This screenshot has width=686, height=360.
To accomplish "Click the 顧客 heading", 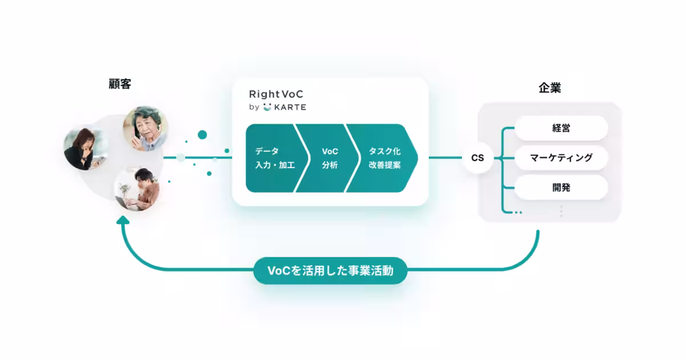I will [120, 85].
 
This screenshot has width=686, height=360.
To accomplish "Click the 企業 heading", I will [549, 88].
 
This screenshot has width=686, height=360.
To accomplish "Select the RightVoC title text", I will [276, 94].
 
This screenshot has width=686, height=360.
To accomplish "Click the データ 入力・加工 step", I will [272, 158].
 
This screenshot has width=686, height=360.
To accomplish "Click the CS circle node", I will [477, 158].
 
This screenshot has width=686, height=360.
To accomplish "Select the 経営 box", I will [561, 128].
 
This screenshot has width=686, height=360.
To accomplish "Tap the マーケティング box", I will [561, 158].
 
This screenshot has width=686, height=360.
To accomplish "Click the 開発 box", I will [561, 187].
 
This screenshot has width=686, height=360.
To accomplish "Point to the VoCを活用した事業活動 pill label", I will [330, 271].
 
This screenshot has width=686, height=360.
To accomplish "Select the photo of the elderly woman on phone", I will [145, 129].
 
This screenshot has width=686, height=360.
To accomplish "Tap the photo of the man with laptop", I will [137, 189].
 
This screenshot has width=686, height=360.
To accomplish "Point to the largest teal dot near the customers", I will [202, 134].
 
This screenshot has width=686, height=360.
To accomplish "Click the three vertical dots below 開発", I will [561, 211].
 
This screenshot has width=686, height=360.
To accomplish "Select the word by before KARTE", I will [254, 107].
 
